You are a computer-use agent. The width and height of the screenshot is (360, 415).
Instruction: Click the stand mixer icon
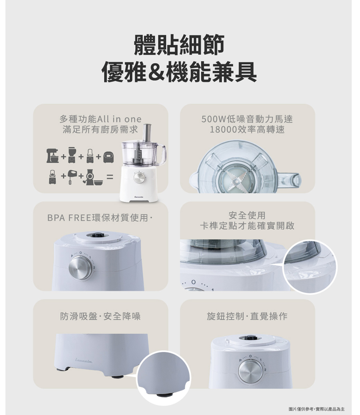coord(53,156)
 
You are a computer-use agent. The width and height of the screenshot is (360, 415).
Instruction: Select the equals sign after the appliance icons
coord(110,177)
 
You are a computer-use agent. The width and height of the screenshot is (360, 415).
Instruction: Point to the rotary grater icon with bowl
coord(93,177)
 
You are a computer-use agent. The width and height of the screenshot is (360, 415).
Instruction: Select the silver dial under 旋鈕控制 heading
coord(249,371)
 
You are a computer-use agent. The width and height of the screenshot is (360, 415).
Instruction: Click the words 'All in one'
coord(119,119)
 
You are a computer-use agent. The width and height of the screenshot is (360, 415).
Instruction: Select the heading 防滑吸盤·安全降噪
coord(100,316)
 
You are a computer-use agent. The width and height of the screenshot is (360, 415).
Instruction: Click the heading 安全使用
coord(247,215)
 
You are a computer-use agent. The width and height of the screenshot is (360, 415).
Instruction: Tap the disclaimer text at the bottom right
coord(316,409)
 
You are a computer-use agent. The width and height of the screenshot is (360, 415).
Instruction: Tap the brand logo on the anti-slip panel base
coord(84,359)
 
